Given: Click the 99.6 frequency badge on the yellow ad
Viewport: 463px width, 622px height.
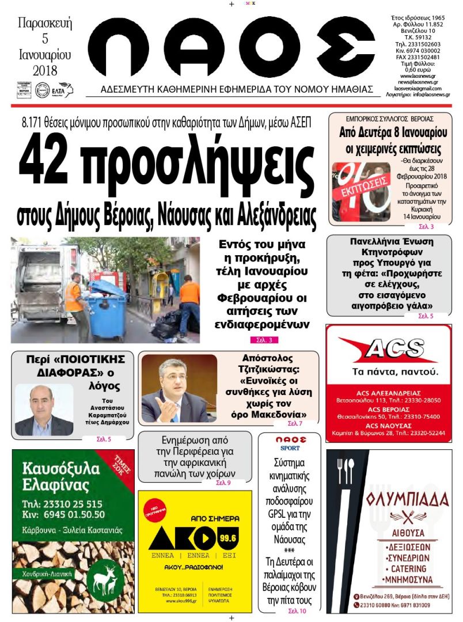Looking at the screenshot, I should (x=228, y=538).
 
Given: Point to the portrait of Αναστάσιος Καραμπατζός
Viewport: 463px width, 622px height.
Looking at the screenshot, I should (x=43, y=410).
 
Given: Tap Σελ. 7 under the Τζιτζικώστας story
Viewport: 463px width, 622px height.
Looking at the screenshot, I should (x=295, y=424).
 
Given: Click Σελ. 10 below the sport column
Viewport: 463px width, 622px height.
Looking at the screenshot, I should (x=297, y=610).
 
